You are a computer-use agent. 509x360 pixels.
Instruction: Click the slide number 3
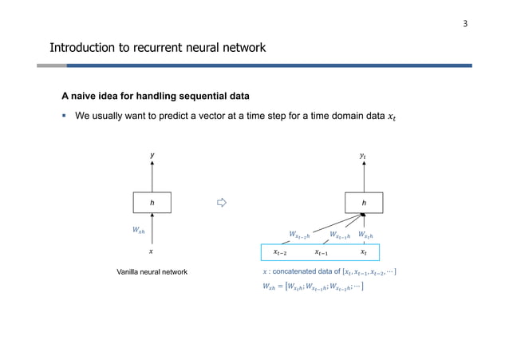pos(465,23)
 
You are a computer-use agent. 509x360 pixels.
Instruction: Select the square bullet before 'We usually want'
pos(65,117)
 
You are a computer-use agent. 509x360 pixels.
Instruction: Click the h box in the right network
pos(364,203)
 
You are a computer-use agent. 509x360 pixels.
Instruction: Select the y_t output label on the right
pos(364,156)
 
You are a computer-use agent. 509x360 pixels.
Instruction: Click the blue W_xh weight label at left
pos(139,230)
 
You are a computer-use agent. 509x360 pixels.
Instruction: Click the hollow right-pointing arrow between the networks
pos(223,203)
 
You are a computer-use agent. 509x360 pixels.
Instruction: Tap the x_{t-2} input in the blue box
pos(282,252)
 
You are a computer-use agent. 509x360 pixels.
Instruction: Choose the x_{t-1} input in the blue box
pos(322,252)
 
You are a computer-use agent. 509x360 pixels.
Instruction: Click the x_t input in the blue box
pos(364,252)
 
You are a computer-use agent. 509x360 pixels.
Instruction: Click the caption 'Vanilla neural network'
pos(152,272)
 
